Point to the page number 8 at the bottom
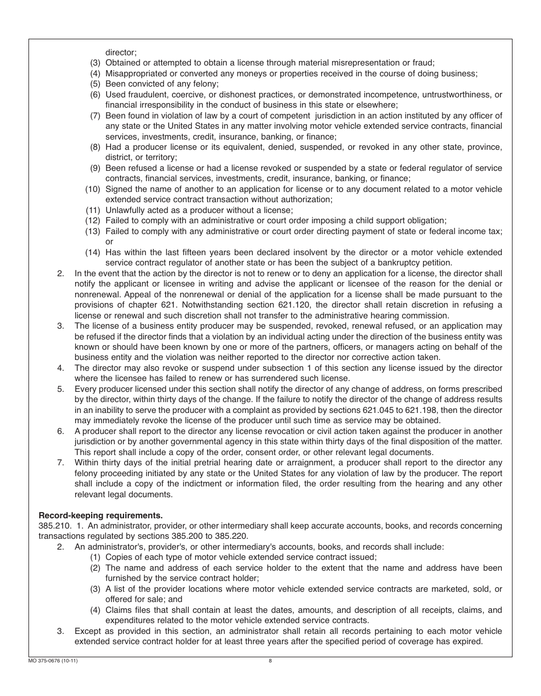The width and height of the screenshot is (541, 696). click(x=270, y=661)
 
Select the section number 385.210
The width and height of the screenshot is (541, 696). click(x=52, y=526)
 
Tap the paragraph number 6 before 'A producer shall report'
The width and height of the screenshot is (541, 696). click(x=60, y=431)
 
